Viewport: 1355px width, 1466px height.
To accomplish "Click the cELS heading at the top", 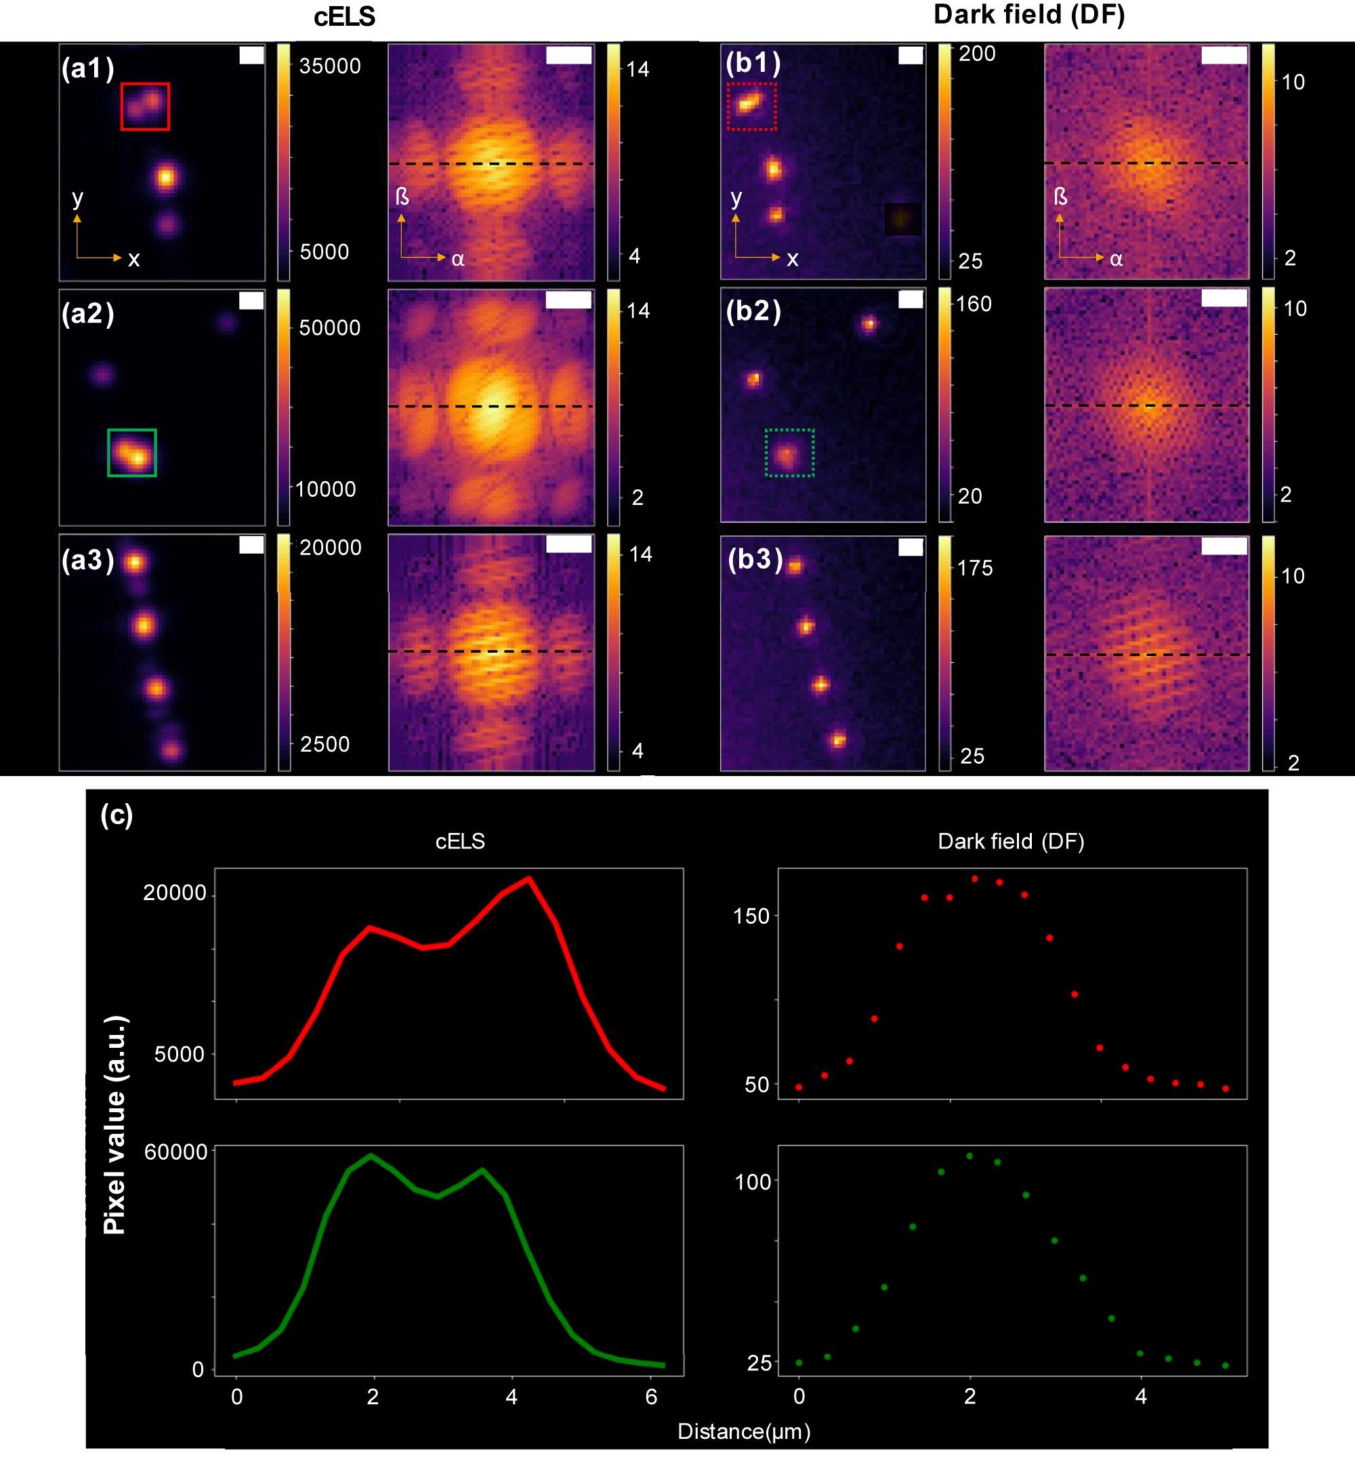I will click(x=344, y=17).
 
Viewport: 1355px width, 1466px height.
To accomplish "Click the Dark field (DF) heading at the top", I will click(x=1028, y=15).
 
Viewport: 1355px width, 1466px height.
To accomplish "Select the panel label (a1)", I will click(x=88, y=68).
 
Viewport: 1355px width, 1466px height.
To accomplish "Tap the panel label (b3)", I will click(x=755, y=559).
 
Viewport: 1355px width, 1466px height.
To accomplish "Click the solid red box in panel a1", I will click(x=145, y=106).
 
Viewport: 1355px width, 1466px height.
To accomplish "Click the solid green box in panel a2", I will click(x=132, y=453).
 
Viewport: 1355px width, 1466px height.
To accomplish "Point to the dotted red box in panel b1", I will click(x=751, y=106).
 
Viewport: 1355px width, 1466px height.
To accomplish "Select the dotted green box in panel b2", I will click(x=790, y=453).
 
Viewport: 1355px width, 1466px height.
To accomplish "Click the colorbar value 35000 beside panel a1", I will click(x=330, y=66).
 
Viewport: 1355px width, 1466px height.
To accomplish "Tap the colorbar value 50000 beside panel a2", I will click(x=330, y=328).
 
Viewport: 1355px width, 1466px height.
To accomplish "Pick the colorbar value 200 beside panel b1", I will click(x=977, y=54).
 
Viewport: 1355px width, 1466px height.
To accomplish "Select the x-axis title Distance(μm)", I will click(x=743, y=1431).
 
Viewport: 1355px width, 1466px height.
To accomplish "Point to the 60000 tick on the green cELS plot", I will click(x=176, y=1152).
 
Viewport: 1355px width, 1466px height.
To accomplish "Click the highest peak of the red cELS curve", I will click(x=528, y=878).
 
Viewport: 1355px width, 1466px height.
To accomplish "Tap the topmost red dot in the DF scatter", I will click(x=974, y=878).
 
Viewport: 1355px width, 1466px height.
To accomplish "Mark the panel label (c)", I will click(x=117, y=814).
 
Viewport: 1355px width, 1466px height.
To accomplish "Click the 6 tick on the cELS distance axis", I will click(x=651, y=1396).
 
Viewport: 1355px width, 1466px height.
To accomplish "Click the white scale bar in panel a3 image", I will click(x=251, y=544).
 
